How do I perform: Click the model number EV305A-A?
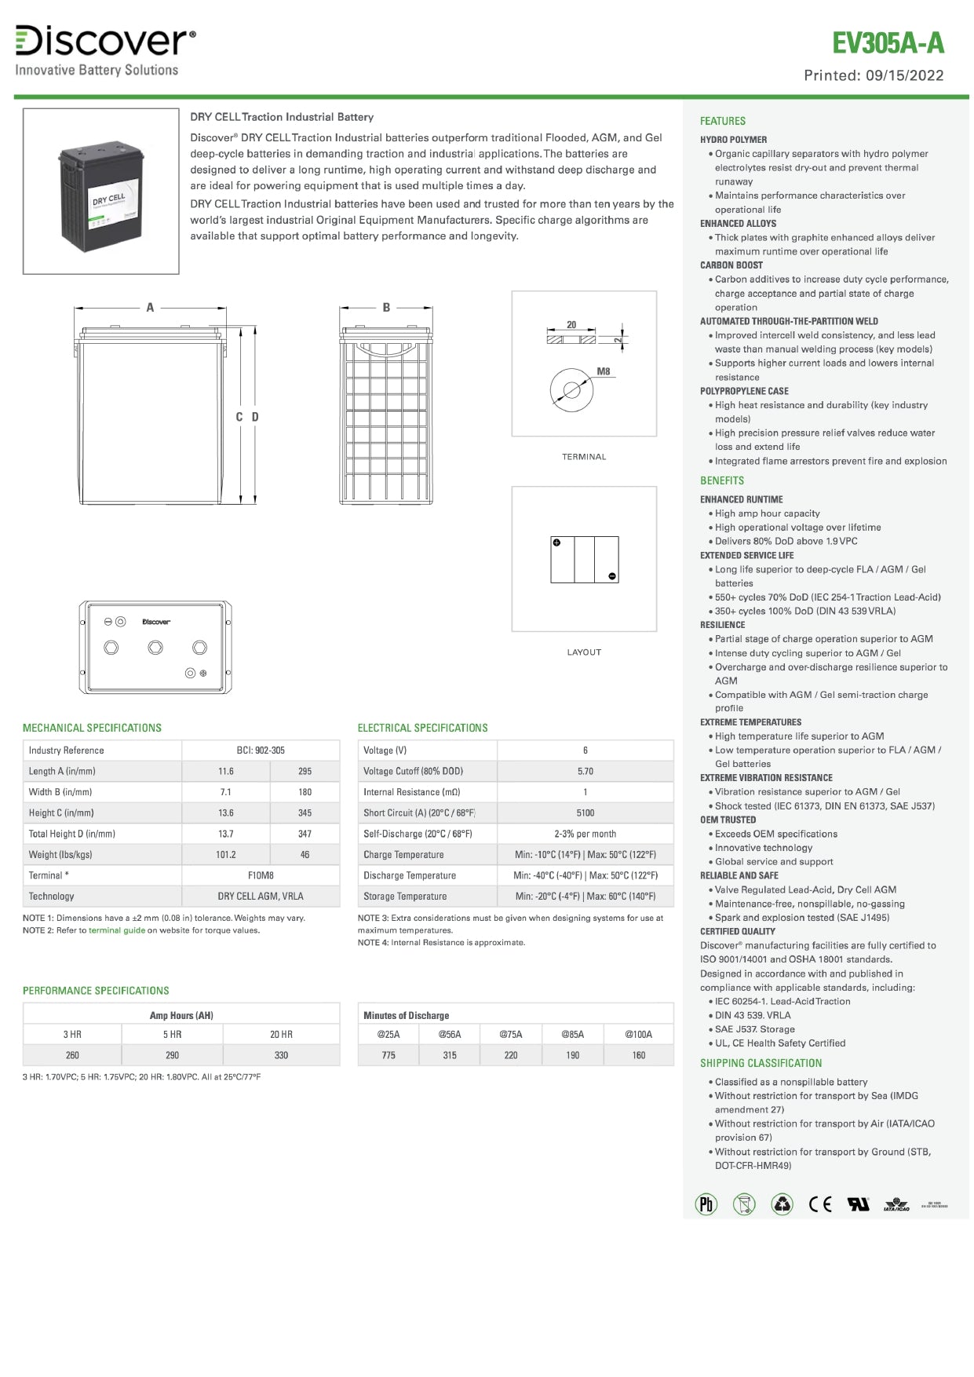(x=888, y=43)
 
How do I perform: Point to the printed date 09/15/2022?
(x=904, y=75)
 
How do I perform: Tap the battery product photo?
(x=100, y=191)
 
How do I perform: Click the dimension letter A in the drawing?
(x=150, y=308)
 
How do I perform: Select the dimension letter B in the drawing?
(x=386, y=308)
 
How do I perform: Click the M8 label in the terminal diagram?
(x=603, y=371)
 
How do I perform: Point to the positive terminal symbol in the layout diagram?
(x=556, y=542)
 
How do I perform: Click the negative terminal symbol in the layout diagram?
(x=612, y=576)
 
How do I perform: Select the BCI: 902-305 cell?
(x=261, y=751)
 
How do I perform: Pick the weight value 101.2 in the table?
(x=226, y=855)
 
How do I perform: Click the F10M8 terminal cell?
(x=261, y=875)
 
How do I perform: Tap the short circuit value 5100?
(x=585, y=813)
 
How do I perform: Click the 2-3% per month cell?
(x=585, y=834)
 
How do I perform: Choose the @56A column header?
(x=450, y=1035)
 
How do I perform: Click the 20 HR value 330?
(x=281, y=1056)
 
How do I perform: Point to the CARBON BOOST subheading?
(x=731, y=265)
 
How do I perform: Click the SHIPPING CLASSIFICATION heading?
(x=761, y=1063)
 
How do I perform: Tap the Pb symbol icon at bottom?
(x=706, y=1204)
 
